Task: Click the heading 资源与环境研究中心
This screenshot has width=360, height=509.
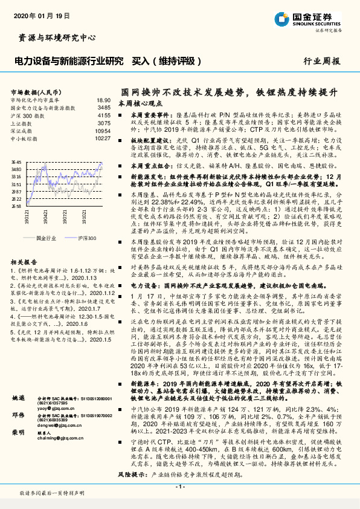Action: tap(58, 37)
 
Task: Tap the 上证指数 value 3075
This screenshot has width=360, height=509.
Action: tap(104, 123)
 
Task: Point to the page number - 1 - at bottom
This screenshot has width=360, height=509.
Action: tap(179, 487)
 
